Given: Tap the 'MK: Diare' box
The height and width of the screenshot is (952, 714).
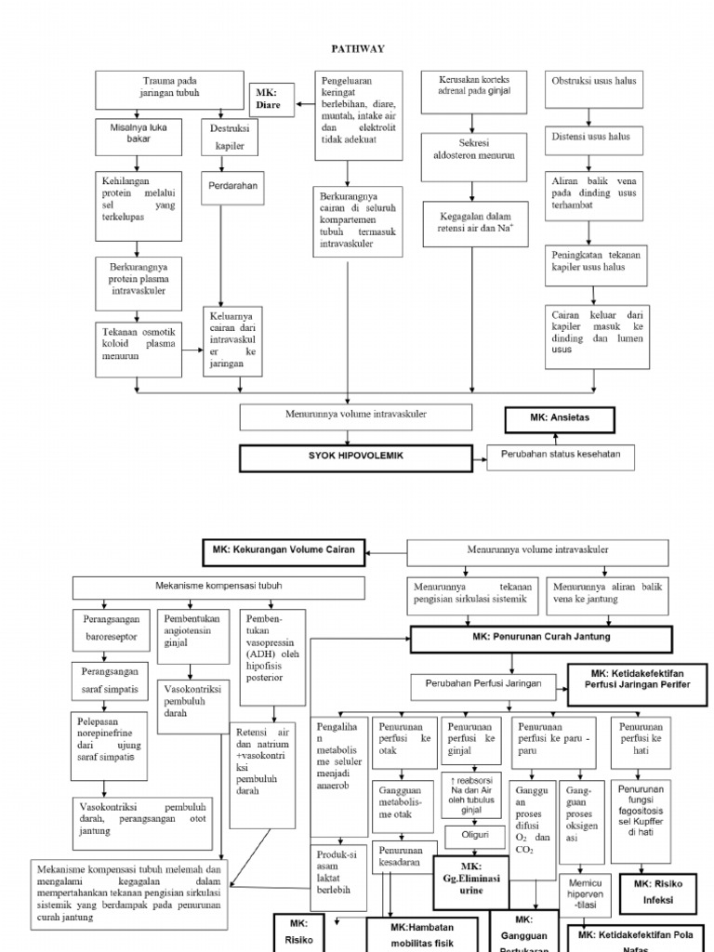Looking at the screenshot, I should pyautogui.click(x=270, y=99).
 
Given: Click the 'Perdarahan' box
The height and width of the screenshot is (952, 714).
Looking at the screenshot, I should pyautogui.click(x=233, y=186).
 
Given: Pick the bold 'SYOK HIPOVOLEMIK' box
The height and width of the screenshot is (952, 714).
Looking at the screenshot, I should pyautogui.click(x=358, y=458).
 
